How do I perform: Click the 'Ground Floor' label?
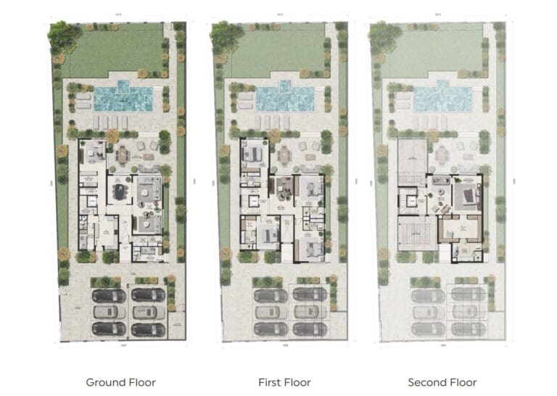pos(120,381)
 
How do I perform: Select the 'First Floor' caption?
pos(284,381)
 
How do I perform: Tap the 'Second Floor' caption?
pos(442,381)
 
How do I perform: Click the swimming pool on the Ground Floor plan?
pos(123,97)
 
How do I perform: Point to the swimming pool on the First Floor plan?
pos(284,97)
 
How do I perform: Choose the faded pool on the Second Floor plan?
pos(442,97)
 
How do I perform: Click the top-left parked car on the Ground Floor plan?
pos(109,295)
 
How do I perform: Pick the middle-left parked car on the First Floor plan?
pos(271,312)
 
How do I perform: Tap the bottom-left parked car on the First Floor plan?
pos(271,329)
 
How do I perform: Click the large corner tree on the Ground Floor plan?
pos(64,34)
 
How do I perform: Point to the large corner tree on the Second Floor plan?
pos(384,34)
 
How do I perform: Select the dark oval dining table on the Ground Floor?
pos(118,191)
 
